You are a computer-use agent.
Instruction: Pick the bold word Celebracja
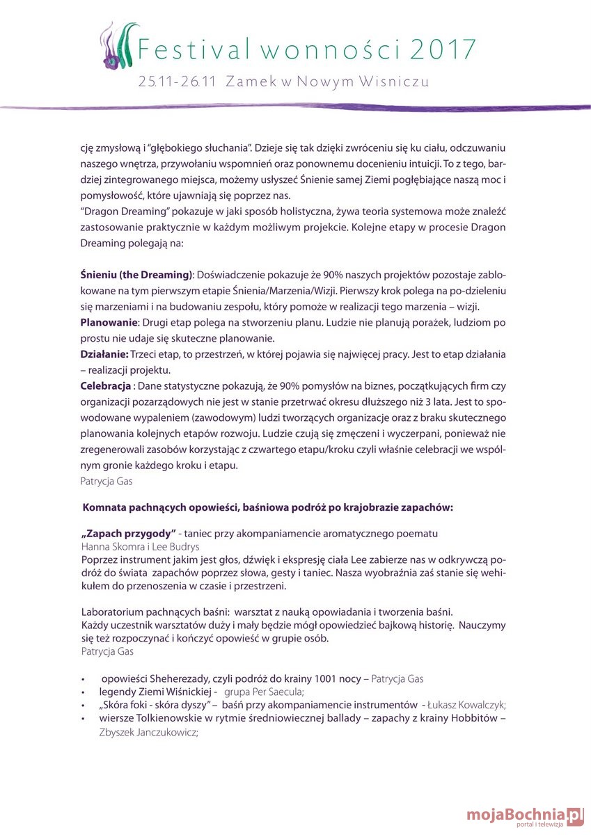tap(107, 385)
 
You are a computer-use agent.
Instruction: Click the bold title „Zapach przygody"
tap(128, 533)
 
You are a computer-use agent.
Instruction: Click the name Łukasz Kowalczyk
tap(466, 705)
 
